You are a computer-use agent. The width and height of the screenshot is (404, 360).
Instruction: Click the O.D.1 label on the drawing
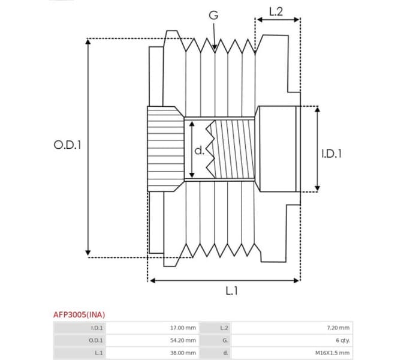point(67,145)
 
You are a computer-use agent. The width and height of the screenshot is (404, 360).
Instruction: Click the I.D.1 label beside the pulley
point(331,154)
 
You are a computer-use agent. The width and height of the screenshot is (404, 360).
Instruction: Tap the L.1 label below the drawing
point(231,290)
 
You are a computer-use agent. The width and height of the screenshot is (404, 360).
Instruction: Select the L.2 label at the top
point(276,10)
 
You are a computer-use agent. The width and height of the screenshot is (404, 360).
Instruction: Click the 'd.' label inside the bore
point(200,150)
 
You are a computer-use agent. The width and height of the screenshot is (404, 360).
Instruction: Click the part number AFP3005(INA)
point(79,314)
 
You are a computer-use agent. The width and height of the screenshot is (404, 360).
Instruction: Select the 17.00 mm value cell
point(183,328)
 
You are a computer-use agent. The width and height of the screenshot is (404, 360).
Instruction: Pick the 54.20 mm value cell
point(183,340)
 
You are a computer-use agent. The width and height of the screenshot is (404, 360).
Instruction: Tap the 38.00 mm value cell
point(183,353)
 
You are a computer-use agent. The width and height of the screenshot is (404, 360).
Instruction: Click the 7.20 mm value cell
point(337,328)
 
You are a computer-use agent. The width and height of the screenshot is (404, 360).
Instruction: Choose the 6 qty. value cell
point(342,340)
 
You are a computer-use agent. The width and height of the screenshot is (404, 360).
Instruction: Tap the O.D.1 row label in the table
point(96,340)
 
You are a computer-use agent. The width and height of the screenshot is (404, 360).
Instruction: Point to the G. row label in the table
point(225,340)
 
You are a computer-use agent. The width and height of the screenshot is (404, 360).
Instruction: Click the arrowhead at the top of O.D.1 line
point(88,42)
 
